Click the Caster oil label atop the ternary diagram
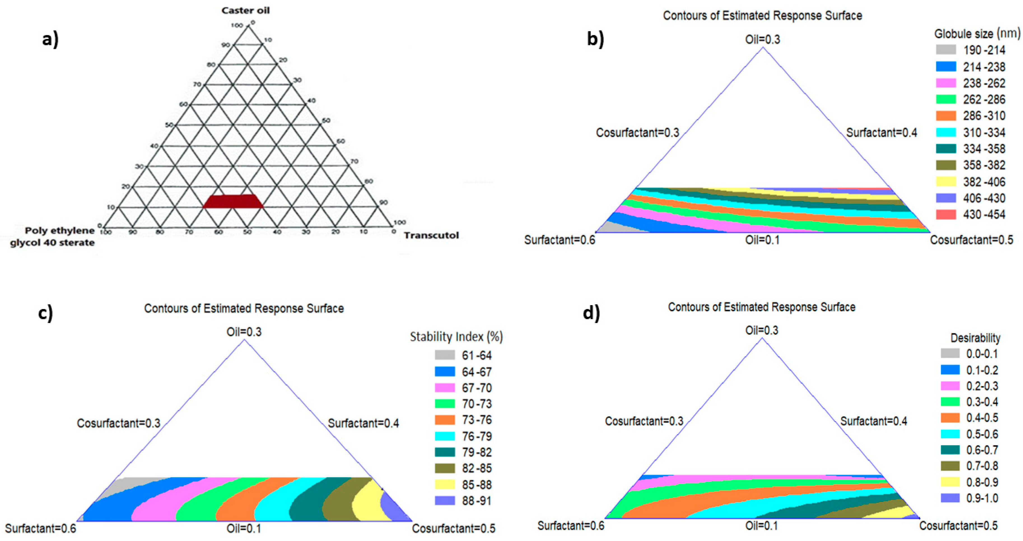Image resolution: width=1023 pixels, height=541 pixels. click(x=245, y=10)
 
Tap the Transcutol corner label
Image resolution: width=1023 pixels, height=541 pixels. click(x=431, y=235)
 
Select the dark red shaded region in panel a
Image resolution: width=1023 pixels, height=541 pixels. click(x=233, y=201)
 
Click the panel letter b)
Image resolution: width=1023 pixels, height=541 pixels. click(x=596, y=39)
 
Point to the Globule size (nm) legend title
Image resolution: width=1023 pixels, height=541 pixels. click(x=977, y=34)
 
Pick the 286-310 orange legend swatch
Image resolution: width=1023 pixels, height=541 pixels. click(x=946, y=116)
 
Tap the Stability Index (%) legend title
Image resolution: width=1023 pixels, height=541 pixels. click(x=456, y=337)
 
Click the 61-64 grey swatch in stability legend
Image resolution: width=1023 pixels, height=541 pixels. click(x=445, y=355)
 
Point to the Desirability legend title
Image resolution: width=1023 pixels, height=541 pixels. click(x=975, y=338)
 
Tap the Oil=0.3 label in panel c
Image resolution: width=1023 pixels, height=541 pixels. click(x=244, y=332)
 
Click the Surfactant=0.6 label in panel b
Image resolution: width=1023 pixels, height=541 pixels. click(x=560, y=240)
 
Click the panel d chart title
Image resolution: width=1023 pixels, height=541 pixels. click(x=761, y=307)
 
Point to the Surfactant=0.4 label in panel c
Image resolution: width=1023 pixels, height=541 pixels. click(x=363, y=423)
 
